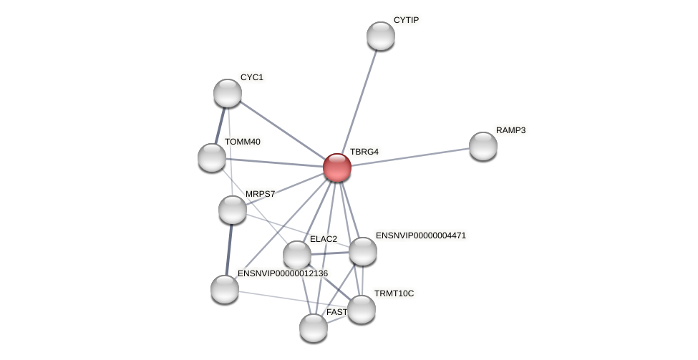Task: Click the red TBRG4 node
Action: tap(336, 167)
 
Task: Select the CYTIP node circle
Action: tap(380, 36)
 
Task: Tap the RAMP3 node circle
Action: tap(483, 146)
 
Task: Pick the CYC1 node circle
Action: tap(228, 93)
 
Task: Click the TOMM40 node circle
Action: tap(212, 157)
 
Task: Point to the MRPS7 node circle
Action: tap(233, 210)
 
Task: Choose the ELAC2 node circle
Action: tap(296, 255)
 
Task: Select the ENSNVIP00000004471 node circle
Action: tap(362, 251)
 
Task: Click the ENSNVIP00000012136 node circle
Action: tap(225, 289)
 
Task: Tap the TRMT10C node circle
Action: tap(361, 309)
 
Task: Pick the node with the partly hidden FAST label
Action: tap(313, 328)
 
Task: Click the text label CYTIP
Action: tap(406, 20)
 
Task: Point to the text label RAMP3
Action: tap(511, 130)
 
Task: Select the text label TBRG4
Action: tap(364, 152)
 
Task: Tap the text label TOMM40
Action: tap(242, 142)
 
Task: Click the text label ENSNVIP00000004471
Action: tap(420, 235)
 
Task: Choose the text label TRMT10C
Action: tap(394, 293)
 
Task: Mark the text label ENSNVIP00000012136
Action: tap(282, 273)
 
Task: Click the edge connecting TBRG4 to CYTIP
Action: tap(359, 101)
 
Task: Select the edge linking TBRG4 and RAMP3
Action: tap(409, 157)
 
